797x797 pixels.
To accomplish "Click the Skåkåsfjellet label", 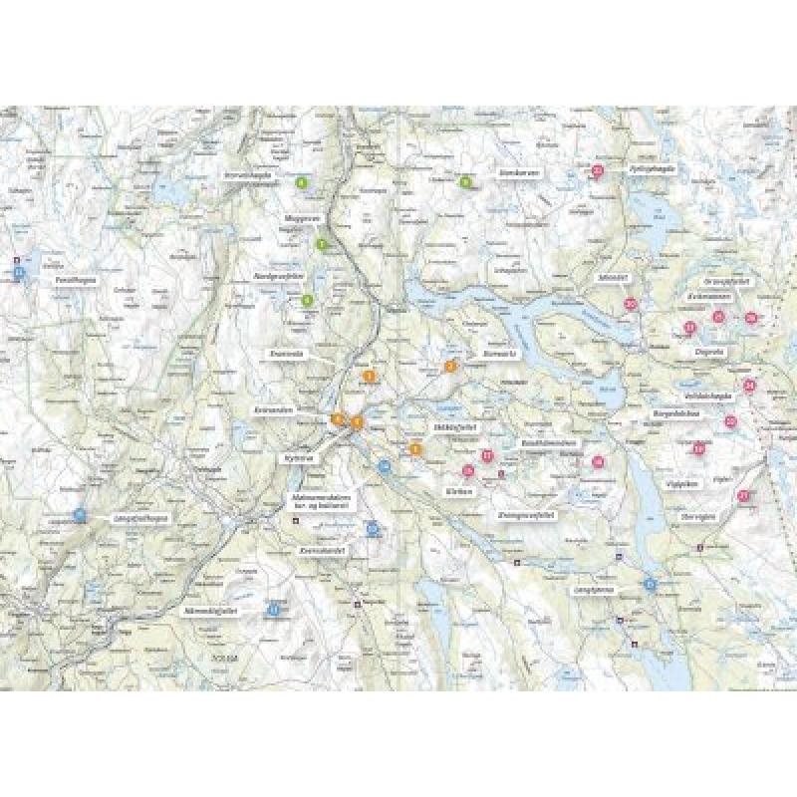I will coord(452,425).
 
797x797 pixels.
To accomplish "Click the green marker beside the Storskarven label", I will coord(465,181).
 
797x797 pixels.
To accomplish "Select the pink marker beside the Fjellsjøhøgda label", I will coord(598,170).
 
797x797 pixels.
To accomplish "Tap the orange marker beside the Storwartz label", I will coord(450,366).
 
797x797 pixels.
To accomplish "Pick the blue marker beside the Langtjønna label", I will coord(650,584).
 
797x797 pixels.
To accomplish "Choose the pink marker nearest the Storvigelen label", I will coord(744,495).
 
